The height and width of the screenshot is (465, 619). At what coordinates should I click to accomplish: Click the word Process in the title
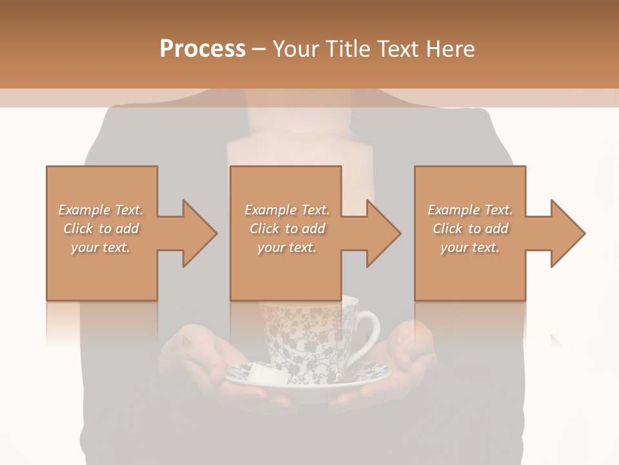point(202,49)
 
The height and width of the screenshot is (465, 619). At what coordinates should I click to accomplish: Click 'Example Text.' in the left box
point(101,210)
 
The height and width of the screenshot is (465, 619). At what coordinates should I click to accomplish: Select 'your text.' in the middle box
point(286,247)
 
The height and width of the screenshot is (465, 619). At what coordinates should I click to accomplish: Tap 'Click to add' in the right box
point(470,229)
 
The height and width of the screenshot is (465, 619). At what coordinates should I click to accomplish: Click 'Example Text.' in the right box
point(470,210)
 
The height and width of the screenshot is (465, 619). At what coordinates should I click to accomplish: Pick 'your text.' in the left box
point(101,247)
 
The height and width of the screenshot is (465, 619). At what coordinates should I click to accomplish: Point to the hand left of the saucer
point(193,362)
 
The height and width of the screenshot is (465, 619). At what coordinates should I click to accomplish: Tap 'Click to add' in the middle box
point(286,229)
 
